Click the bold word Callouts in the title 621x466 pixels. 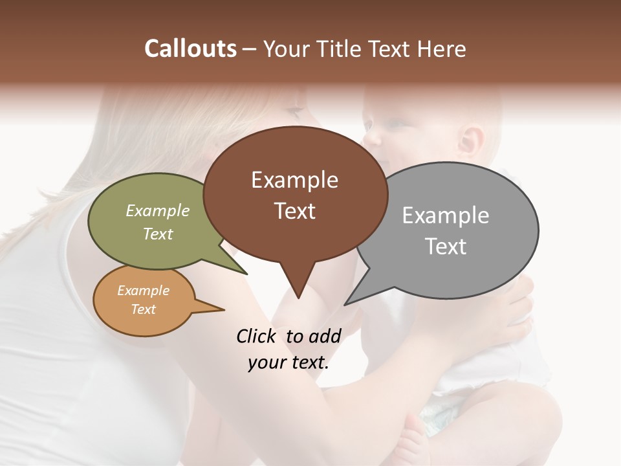pyautogui.click(x=190, y=49)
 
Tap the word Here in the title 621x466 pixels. pyautogui.click(x=442, y=49)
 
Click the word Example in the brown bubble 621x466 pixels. pyautogui.click(x=294, y=180)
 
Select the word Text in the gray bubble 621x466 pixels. pyautogui.click(x=446, y=247)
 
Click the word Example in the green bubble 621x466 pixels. pyautogui.click(x=158, y=210)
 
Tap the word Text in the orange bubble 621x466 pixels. pyautogui.click(x=144, y=309)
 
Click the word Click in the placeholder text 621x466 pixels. pyautogui.click(x=258, y=336)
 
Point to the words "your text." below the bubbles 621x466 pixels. pyautogui.click(x=289, y=362)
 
